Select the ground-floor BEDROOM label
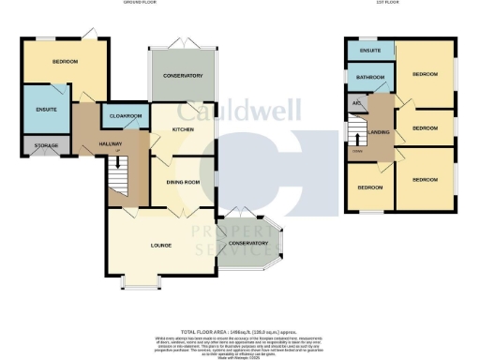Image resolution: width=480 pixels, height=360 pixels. point(65,62)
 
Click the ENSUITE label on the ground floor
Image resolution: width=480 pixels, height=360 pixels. point(45,111)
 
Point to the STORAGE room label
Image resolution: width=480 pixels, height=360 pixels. point(46,145)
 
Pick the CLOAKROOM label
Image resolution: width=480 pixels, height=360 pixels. point(125,116)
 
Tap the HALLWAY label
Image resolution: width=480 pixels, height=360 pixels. point(111,143)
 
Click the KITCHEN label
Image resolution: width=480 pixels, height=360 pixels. point(182,129)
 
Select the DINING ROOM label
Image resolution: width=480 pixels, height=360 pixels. point(182,182)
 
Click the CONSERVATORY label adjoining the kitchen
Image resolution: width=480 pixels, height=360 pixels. point(182,75)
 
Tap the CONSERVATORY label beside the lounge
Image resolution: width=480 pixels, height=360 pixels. point(248,243)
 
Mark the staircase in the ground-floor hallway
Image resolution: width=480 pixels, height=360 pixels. point(116,172)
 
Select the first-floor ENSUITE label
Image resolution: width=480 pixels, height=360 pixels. point(368,49)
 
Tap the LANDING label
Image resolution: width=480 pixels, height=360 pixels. point(379,132)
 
